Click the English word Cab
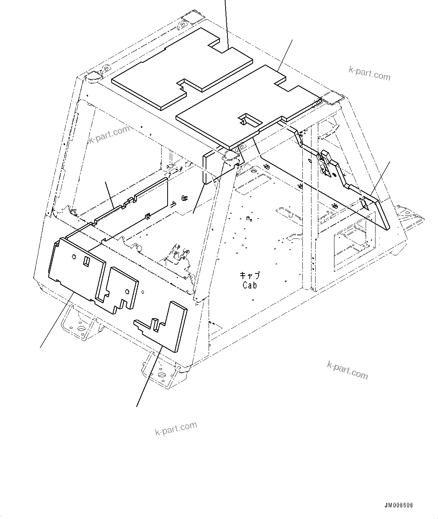click(x=250, y=285)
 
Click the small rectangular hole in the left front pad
click(x=86, y=261)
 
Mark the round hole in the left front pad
click(x=74, y=257)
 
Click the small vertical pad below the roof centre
click(x=209, y=167)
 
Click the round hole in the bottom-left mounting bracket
click(x=80, y=329)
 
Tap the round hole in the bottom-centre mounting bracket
click(x=162, y=375)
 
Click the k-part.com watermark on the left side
click(x=109, y=134)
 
